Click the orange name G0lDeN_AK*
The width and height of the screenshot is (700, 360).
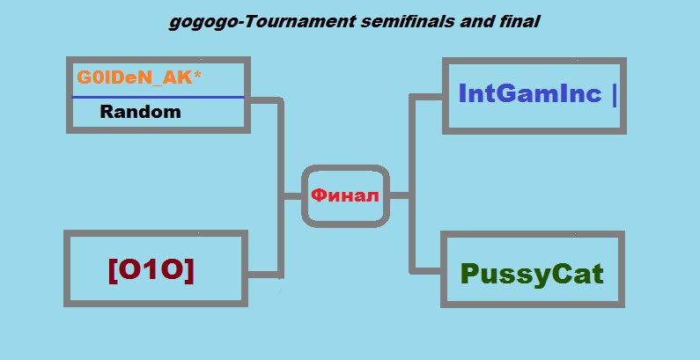point(139,77)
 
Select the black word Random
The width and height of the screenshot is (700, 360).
point(140,112)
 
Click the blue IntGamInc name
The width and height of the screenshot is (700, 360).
point(530,93)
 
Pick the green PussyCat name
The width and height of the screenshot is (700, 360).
point(532,274)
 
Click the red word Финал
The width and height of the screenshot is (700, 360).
point(344,195)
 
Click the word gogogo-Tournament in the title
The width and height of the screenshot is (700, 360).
point(262,22)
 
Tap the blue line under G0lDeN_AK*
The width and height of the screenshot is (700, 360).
point(158,97)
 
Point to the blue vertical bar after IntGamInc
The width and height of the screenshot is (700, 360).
point(615,95)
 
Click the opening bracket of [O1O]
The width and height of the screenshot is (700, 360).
point(113,271)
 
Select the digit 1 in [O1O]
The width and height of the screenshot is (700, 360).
point(151,270)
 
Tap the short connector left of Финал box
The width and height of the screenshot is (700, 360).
point(292,196)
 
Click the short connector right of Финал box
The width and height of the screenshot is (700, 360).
point(400,195)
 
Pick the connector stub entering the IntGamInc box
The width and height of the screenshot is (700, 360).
point(426,97)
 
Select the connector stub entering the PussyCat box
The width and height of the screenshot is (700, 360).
point(426,271)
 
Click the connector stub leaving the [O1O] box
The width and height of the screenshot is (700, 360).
point(263,275)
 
